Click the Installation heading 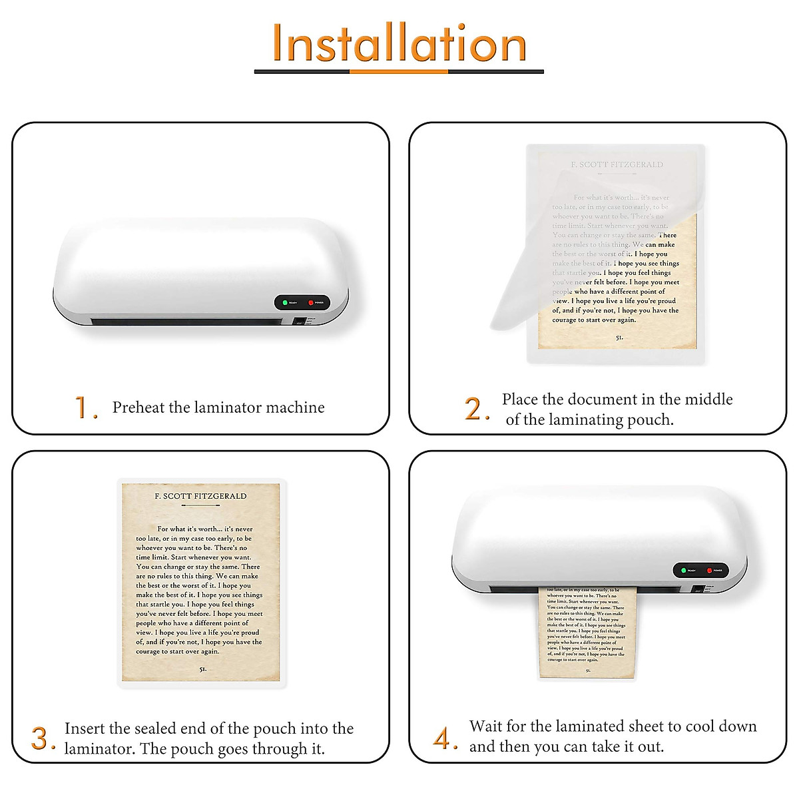click(399, 43)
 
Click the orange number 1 click(82, 407)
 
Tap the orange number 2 click(474, 408)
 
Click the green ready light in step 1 click(285, 303)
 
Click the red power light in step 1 click(311, 303)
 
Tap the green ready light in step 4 click(684, 571)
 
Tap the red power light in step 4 click(710, 571)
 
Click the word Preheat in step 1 click(138, 407)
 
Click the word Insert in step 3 click(85, 728)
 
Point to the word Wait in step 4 click(485, 726)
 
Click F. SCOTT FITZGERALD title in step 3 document click(200, 496)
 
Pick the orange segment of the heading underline click(399, 71)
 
